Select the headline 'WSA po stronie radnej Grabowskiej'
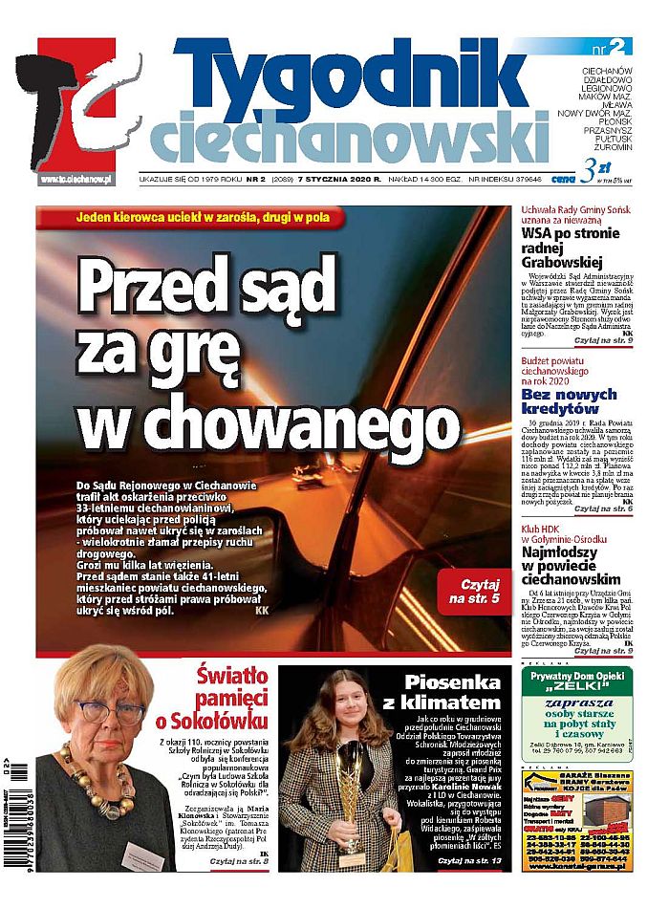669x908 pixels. (x=574, y=249)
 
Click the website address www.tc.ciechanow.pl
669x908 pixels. (x=76, y=179)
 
